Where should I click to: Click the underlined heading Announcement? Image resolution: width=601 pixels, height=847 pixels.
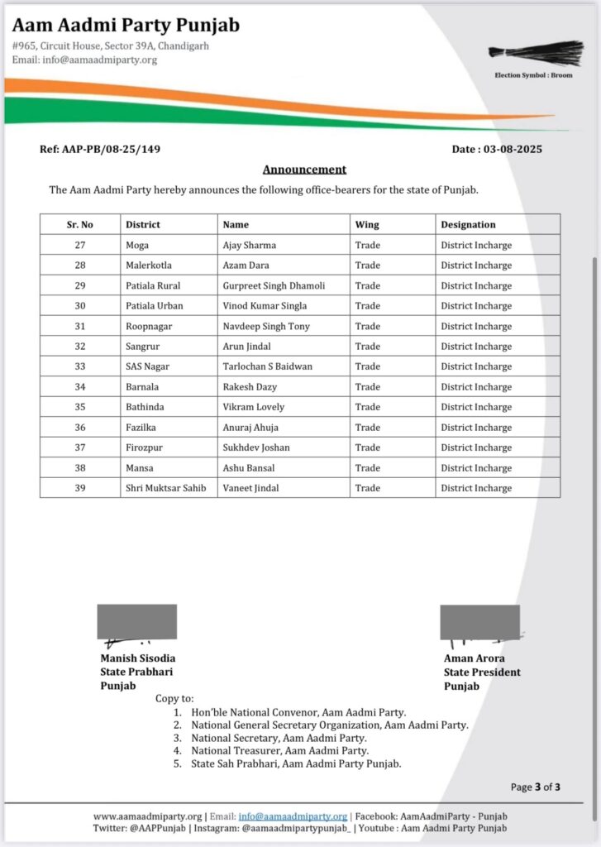[304, 170]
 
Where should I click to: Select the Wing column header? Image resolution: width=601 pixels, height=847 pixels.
[367, 224]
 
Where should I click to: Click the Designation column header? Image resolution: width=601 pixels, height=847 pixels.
[468, 224]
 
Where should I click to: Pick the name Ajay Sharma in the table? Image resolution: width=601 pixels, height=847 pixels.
[250, 245]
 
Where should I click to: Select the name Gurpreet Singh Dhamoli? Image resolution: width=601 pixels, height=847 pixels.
[274, 285]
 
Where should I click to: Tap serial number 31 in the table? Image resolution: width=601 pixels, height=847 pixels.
[80, 326]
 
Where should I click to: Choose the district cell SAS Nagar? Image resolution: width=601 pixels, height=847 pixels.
[147, 366]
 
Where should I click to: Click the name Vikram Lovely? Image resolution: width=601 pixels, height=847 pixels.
[253, 407]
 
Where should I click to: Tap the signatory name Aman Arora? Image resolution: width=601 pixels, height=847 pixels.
[475, 658]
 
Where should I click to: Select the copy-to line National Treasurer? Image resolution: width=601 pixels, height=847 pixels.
[280, 751]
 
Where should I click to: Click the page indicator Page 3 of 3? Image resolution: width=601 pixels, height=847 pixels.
[536, 787]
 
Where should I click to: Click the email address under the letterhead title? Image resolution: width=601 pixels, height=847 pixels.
[84, 60]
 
